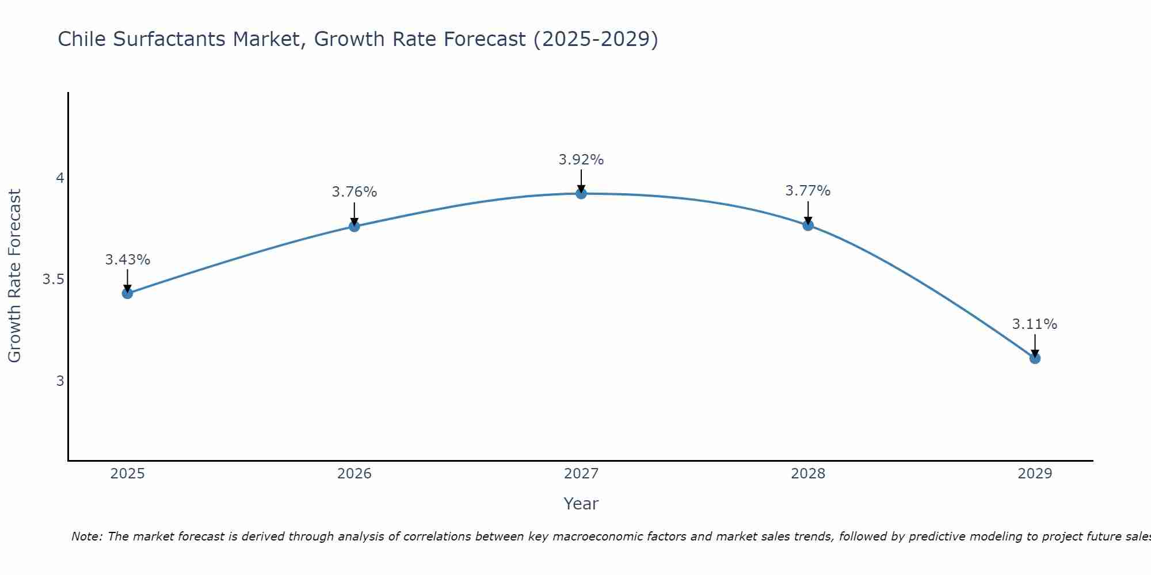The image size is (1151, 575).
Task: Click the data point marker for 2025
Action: click(x=127, y=293)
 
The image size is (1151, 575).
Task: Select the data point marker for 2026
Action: click(x=355, y=226)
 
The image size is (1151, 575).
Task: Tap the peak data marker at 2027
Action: click(x=581, y=194)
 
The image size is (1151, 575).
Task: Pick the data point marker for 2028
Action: click(x=808, y=225)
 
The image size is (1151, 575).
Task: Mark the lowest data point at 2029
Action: click(x=1035, y=358)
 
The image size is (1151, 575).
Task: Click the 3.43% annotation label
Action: click(x=127, y=260)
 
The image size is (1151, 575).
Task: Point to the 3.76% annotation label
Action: click(x=355, y=192)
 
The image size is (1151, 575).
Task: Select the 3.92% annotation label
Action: click(x=581, y=160)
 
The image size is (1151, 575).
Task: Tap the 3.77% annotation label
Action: click(x=808, y=191)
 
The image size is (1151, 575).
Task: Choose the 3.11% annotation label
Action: click(x=1035, y=324)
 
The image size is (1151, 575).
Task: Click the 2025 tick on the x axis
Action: click(x=127, y=474)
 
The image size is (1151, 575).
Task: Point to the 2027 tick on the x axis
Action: click(x=581, y=474)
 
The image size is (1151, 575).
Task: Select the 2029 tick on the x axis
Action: click(x=1035, y=474)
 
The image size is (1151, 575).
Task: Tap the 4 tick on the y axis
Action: click(x=60, y=178)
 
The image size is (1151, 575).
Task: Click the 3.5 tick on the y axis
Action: click(x=53, y=279)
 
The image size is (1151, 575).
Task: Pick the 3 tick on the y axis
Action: click(x=60, y=381)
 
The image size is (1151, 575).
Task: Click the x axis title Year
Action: click(x=581, y=504)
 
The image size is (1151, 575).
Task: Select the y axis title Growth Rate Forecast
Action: click(x=14, y=276)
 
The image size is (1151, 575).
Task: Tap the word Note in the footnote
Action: click(x=86, y=536)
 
